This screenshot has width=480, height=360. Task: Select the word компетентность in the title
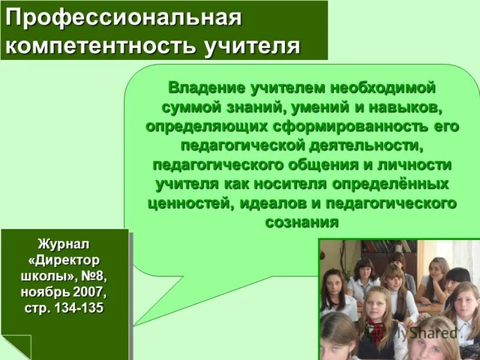click(100, 45)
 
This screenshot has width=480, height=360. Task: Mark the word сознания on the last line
click(302, 221)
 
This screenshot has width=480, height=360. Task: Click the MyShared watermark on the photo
click(421, 332)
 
